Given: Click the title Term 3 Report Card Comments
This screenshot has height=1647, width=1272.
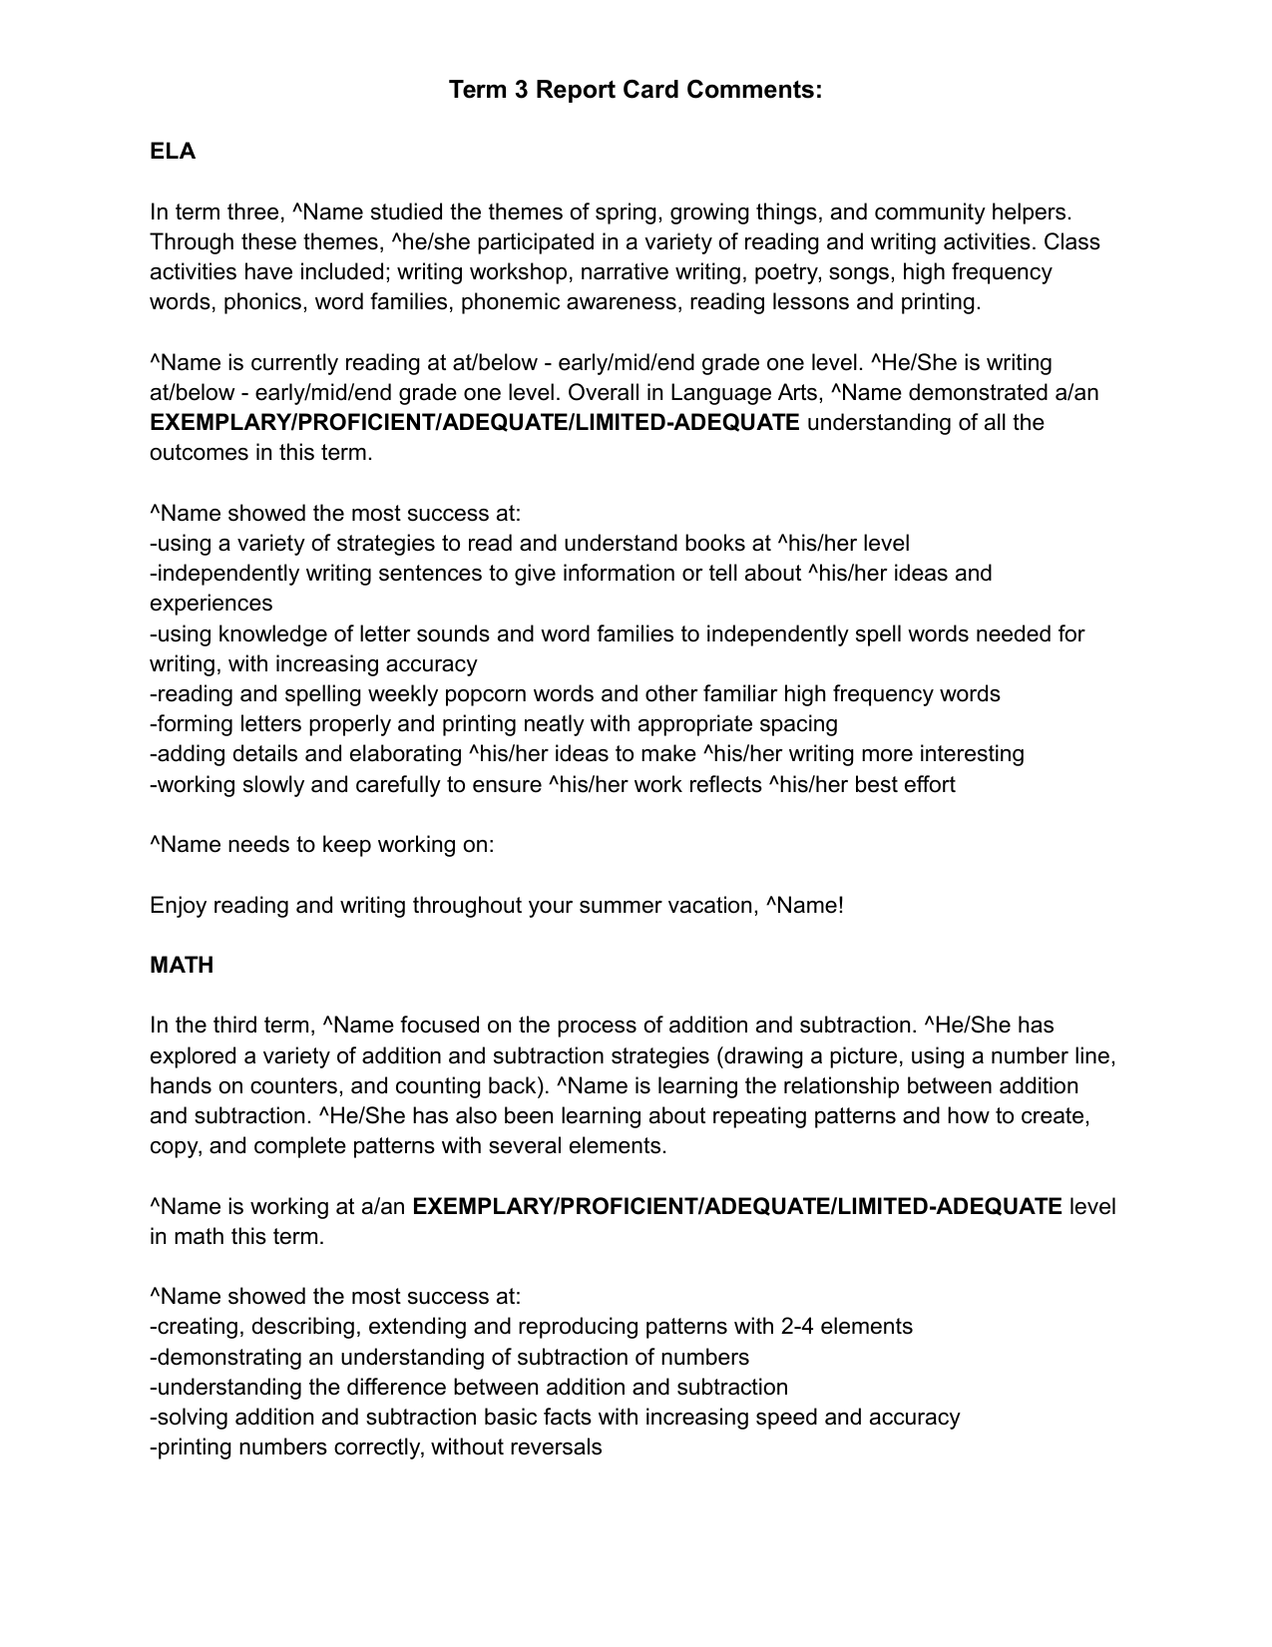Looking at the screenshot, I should [x=636, y=90].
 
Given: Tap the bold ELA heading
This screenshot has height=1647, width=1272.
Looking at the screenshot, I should [x=173, y=152].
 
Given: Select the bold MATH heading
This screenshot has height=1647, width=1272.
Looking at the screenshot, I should [x=182, y=965].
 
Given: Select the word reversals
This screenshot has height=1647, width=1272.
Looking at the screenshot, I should [x=557, y=1447].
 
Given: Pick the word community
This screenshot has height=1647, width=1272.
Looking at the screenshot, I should [x=931, y=212].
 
